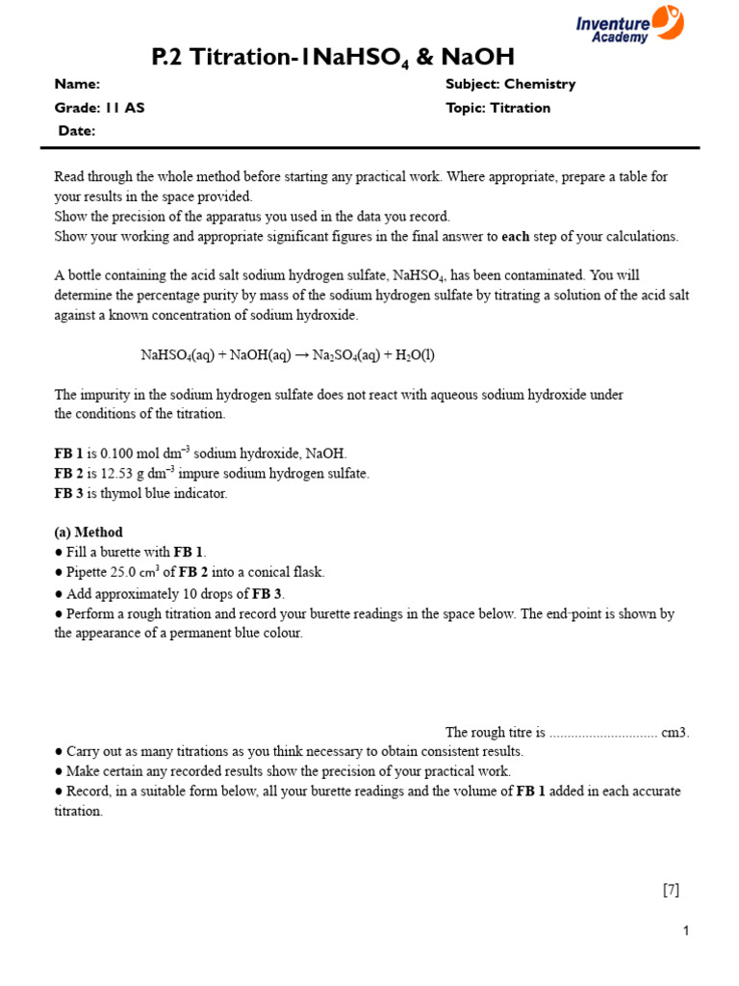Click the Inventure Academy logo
click(629, 23)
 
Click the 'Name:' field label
click(77, 84)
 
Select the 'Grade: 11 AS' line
click(100, 108)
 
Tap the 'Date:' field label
click(77, 131)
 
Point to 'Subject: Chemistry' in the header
click(510, 84)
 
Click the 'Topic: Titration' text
click(497, 108)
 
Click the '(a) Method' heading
click(89, 532)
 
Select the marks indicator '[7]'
click(671, 890)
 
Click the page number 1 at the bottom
click(686, 931)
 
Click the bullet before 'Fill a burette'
click(59, 553)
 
